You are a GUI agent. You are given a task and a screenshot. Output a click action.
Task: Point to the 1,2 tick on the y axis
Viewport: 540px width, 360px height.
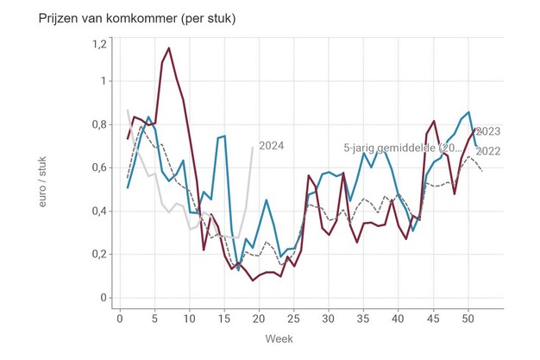98,43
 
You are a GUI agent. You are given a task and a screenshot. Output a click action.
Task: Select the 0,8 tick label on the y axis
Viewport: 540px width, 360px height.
98,124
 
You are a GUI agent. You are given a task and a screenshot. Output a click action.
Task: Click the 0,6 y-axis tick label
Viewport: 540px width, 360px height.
98,167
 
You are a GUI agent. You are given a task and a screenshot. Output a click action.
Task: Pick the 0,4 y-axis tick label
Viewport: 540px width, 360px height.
98,211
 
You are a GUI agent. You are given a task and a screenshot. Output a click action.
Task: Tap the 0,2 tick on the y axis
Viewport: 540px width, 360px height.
98,255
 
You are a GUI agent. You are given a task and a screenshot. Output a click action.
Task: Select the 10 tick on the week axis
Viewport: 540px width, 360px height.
191,318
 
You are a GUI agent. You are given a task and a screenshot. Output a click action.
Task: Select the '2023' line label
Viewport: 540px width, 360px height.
488,132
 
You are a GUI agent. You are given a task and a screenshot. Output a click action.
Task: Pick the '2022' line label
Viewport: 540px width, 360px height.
488,151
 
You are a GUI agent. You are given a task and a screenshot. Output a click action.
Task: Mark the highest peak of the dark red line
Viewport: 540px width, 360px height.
169,48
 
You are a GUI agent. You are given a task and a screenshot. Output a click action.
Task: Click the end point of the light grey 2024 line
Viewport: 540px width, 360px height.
253,148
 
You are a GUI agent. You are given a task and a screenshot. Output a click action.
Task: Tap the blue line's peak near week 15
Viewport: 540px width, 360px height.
225,136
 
